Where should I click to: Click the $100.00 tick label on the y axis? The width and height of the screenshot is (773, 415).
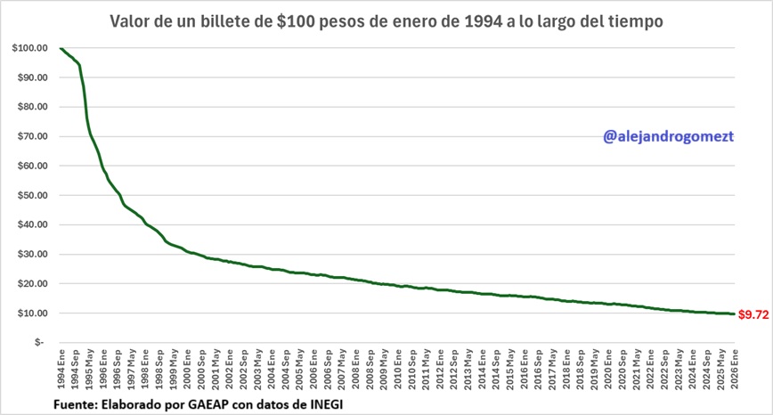30,48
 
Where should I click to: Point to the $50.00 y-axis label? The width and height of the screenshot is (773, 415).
32,195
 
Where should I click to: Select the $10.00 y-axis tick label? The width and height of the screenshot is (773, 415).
32,313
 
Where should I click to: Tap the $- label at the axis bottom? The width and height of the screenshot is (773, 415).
37,343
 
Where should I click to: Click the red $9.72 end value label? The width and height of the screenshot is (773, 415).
753,315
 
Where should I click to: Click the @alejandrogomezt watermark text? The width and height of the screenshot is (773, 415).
668,137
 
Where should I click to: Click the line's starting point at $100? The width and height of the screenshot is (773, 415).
61,48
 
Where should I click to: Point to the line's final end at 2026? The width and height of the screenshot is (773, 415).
735,313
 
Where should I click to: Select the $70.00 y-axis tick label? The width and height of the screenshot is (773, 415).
32,136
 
